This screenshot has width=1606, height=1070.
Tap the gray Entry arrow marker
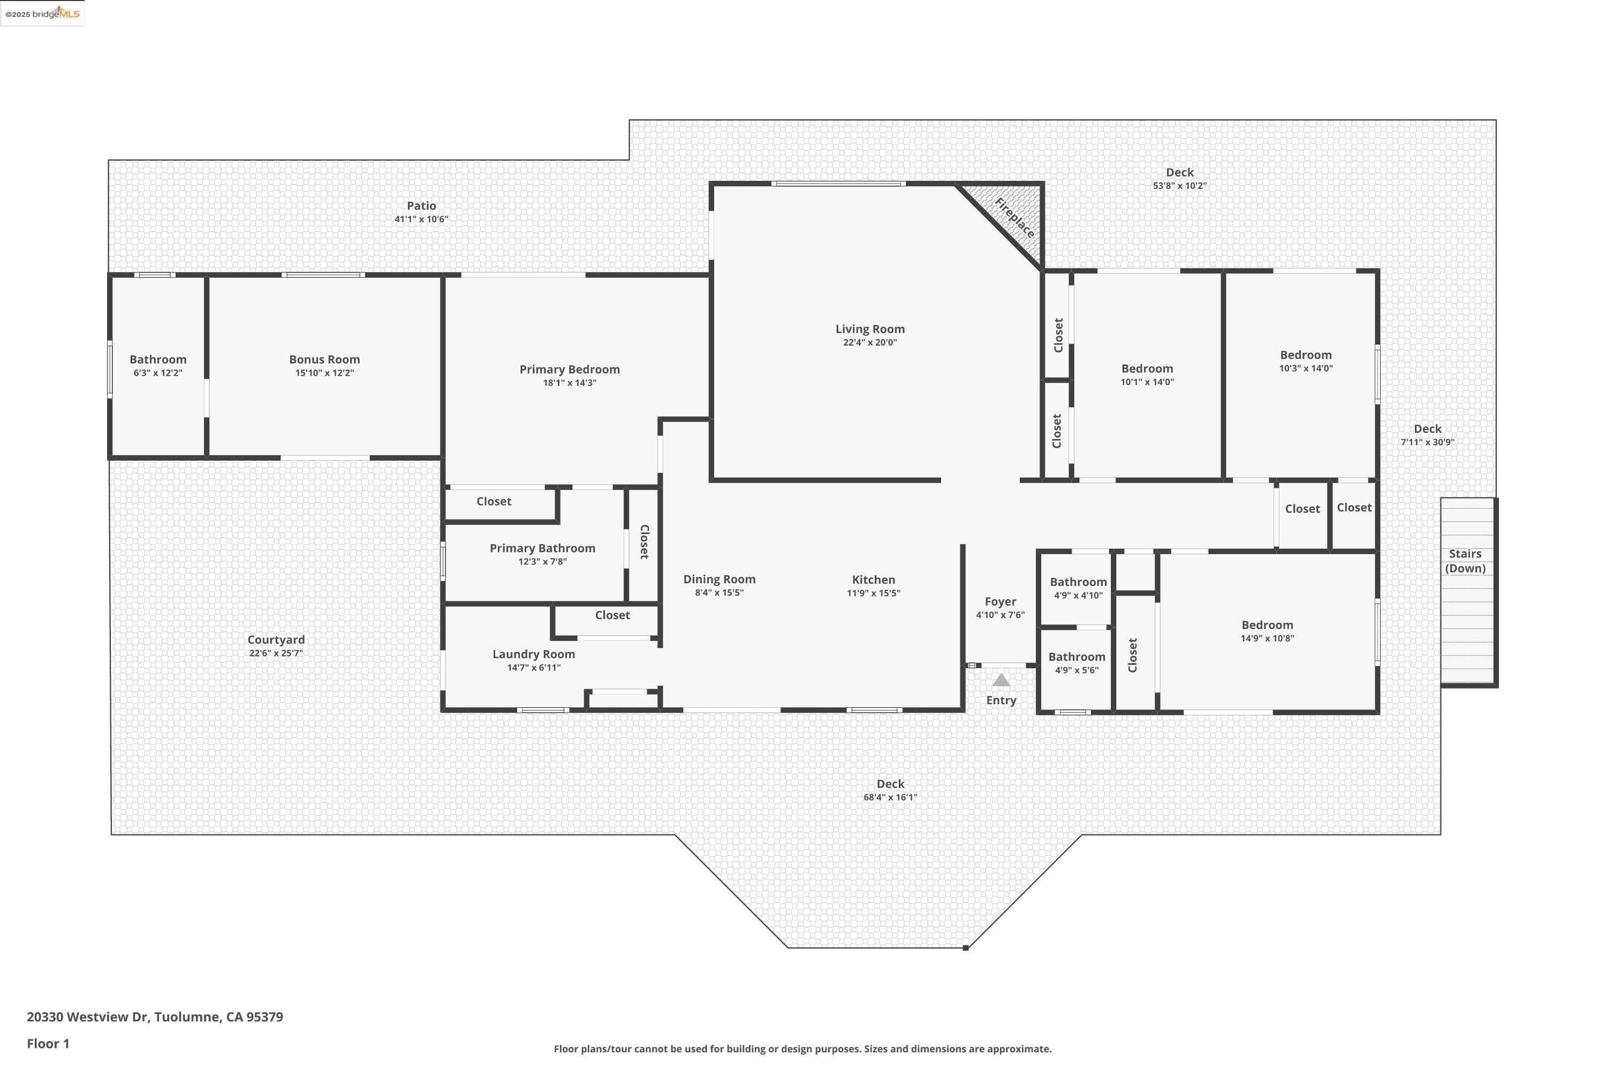(x=1001, y=681)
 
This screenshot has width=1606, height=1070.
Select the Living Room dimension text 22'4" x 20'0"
(x=869, y=342)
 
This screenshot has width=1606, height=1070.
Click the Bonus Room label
(x=324, y=360)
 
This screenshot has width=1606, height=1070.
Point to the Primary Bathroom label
(x=542, y=548)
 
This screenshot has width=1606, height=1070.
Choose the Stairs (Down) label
(x=1465, y=561)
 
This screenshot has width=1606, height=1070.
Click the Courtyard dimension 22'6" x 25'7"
(x=276, y=653)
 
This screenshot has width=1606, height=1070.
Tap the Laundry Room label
(x=533, y=654)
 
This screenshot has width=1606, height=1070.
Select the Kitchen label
(x=873, y=579)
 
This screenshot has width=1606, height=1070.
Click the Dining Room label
(x=719, y=579)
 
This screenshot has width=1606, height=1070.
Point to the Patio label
(x=421, y=205)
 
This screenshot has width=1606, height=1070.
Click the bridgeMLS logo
(x=42, y=14)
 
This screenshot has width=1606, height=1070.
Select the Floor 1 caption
(x=48, y=1043)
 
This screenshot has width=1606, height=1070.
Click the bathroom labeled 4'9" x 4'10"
(x=1078, y=588)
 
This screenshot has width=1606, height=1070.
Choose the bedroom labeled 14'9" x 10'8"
(x=1267, y=631)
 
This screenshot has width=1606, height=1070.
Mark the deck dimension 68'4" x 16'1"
(x=890, y=797)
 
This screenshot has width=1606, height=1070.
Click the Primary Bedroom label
(x=570, y=369)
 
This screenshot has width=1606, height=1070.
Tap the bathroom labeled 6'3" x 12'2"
(x=158, y=366)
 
